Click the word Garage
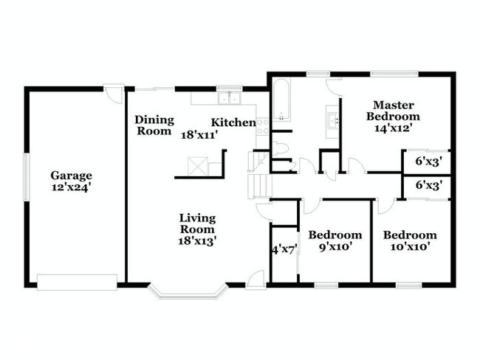coord(72,176)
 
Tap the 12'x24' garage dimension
coord(72,187)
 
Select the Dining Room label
coord(154,125)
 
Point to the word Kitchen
coord(234,122)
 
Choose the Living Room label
coord(197,224)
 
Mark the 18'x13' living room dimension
coord(197,240)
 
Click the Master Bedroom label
coord(394,111)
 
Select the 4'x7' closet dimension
coord(284,249)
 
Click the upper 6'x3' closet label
coord(428,161)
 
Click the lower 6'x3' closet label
coord(428,186)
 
